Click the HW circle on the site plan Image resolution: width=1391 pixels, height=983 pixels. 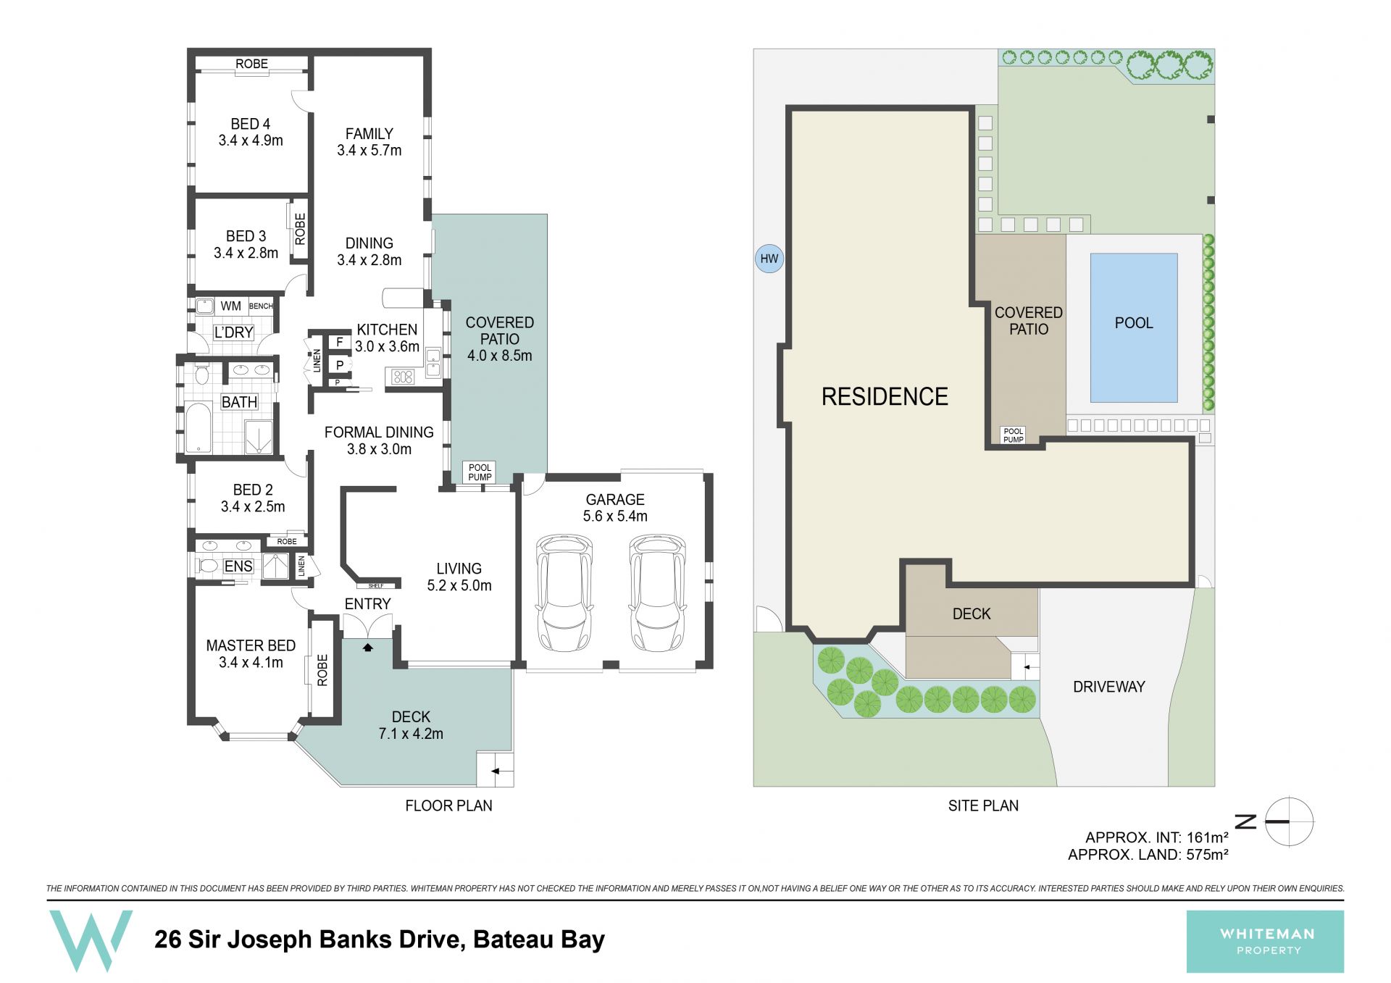click(769, 259)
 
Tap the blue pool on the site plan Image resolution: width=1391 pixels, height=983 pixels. click(1134, 327)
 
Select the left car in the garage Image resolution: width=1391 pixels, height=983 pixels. click(564, 593)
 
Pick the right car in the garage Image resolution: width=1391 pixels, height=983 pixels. click(657, 593)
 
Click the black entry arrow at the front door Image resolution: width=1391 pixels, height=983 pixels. click(368, 647)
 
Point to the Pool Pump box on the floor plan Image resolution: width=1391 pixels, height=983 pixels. click(480, 472)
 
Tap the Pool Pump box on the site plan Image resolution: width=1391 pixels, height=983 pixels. click(1013, 435)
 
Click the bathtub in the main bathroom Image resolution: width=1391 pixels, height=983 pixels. click(198, 427)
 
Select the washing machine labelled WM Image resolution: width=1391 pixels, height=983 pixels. click(204, 306)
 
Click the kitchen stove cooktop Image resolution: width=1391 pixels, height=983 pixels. click(403, 377)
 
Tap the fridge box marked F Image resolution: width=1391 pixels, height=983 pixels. click(339, 342)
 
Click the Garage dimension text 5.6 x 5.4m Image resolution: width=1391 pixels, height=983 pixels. click(615, 516)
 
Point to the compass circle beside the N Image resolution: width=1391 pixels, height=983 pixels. click(1290, 821)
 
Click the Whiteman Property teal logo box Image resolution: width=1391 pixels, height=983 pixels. click(1265, 941)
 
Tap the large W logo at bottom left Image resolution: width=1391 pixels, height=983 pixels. click(91, 940)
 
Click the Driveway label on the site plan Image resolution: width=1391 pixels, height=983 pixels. click(1108, 687)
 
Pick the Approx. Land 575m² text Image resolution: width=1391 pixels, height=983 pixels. click(1148, 855)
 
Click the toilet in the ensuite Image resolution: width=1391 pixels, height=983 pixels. click(208, 566)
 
